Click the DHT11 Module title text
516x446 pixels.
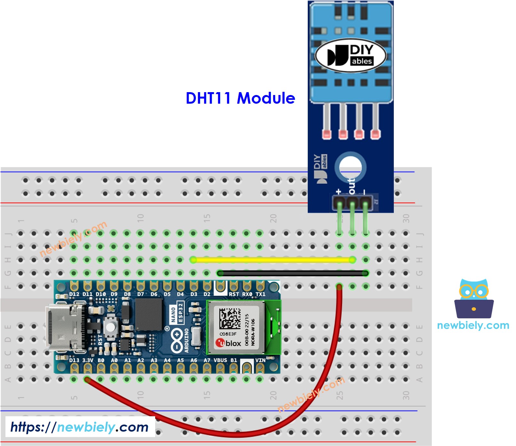(x=240, y=98)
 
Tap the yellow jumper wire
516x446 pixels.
(x=272, y=260)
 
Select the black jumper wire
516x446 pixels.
(x=293, y=273)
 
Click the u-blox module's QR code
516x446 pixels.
(x=230, y=319)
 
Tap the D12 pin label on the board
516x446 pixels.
(x=74, y=294)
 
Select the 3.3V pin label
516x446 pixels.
(x=88, y=360)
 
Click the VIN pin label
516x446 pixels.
(x=260, y=360)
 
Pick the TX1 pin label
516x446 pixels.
(x=260, y=294)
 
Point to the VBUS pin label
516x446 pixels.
(x=220, y=360)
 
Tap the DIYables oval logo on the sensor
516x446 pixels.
(x=351, y=55)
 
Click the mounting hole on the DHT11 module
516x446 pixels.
(x=350, y=167)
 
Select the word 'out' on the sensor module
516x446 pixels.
(x=352, y=186)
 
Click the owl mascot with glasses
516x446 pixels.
(x=474, y=299)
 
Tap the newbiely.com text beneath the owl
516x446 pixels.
(x=473, y=325)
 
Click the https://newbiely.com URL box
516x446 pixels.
(x=80, y=427)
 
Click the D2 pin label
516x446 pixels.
(x=207, y=294)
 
